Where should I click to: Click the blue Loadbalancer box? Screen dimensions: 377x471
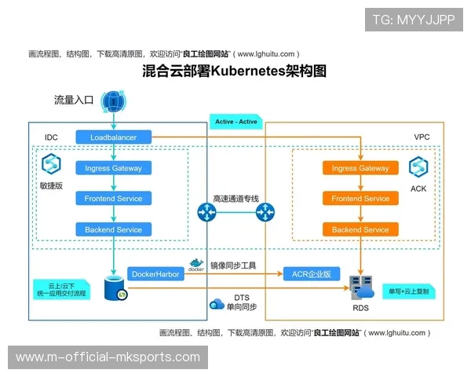point(114,137)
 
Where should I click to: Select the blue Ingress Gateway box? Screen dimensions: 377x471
point(114,168)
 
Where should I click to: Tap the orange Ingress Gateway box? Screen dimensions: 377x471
point(360,168)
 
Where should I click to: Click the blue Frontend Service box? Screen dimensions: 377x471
point(114,199)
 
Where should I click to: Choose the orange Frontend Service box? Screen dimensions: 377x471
point(360,199)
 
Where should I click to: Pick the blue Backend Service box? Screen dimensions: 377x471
point(114,229)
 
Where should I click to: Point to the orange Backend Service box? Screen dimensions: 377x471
point(360,229)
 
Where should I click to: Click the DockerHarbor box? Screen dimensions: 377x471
point(155,274)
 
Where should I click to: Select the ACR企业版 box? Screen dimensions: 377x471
point(312,274)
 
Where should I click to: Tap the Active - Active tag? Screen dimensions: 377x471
point(236,122)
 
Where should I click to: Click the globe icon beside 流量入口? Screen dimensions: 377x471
point(114,101)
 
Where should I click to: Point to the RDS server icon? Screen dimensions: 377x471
point(361,287)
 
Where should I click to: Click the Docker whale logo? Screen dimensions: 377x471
point(196,265)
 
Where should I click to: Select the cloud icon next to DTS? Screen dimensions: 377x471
point(217,303)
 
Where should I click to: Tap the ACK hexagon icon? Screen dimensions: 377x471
point(418,167)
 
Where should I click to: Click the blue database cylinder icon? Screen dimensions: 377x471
point(115,287)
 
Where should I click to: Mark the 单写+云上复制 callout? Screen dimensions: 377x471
point(410,291)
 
